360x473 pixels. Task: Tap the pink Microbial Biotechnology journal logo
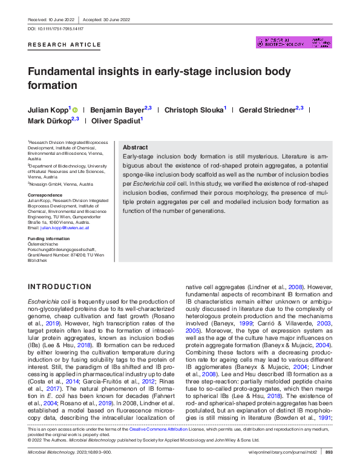pos(294,42)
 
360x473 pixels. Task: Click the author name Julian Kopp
pos(48,110)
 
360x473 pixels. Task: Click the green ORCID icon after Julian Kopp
pos(75,110)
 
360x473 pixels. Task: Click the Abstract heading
pos(135,148)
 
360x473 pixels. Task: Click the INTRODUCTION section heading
pos(60,287)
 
